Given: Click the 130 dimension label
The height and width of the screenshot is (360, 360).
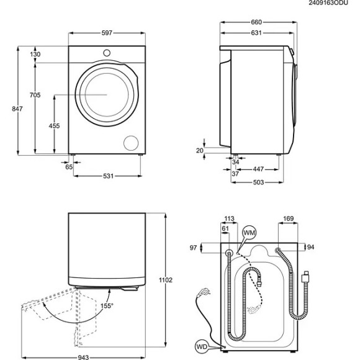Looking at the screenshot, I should [35, 55].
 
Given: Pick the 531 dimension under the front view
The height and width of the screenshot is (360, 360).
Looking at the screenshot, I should [108, 176].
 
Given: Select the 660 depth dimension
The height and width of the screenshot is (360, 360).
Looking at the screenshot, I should [256, 22].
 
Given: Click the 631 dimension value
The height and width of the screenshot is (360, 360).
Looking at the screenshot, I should [256, 34].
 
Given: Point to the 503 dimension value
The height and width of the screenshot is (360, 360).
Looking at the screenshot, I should [258, 182].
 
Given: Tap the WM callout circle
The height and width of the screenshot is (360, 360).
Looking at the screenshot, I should [250, 233].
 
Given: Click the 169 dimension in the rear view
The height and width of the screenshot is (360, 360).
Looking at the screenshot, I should [288, 218].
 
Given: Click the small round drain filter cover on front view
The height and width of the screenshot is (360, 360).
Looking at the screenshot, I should [131, 142].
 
